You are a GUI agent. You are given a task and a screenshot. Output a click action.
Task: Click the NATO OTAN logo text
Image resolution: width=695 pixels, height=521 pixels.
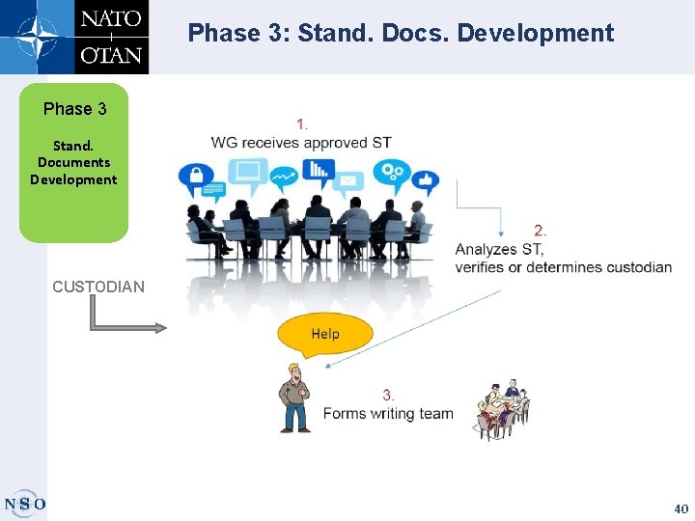point(111,37)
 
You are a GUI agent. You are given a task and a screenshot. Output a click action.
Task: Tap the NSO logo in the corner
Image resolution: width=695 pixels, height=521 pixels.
point(25,503)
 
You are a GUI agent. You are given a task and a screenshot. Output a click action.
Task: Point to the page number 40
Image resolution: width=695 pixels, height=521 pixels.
point(681,507)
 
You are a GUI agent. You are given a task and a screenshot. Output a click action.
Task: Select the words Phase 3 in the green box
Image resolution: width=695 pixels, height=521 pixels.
point(74,109)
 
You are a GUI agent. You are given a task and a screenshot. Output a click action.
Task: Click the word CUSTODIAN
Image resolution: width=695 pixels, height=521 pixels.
point(98,287)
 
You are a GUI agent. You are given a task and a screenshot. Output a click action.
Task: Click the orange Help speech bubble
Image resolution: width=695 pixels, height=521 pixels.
point(323,334)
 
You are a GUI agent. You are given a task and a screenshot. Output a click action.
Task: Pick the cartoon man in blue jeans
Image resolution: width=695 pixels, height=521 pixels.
point(294,398)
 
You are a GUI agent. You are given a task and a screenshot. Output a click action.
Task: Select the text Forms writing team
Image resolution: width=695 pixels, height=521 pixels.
point(388,414)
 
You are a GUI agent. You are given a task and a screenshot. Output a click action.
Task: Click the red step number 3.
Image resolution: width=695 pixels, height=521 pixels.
point(388,395)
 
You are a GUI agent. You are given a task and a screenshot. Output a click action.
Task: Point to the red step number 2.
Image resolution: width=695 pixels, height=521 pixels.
point(541,231)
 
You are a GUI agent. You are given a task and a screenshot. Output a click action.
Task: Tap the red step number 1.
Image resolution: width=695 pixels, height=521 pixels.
point(302,123)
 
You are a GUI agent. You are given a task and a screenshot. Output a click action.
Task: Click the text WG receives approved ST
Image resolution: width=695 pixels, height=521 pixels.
point(301,143)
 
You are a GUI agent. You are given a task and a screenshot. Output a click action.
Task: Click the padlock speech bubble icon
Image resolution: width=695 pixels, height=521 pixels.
point(196,178)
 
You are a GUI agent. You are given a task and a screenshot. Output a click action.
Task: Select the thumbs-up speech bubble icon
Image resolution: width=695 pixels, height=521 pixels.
point(426,179)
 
